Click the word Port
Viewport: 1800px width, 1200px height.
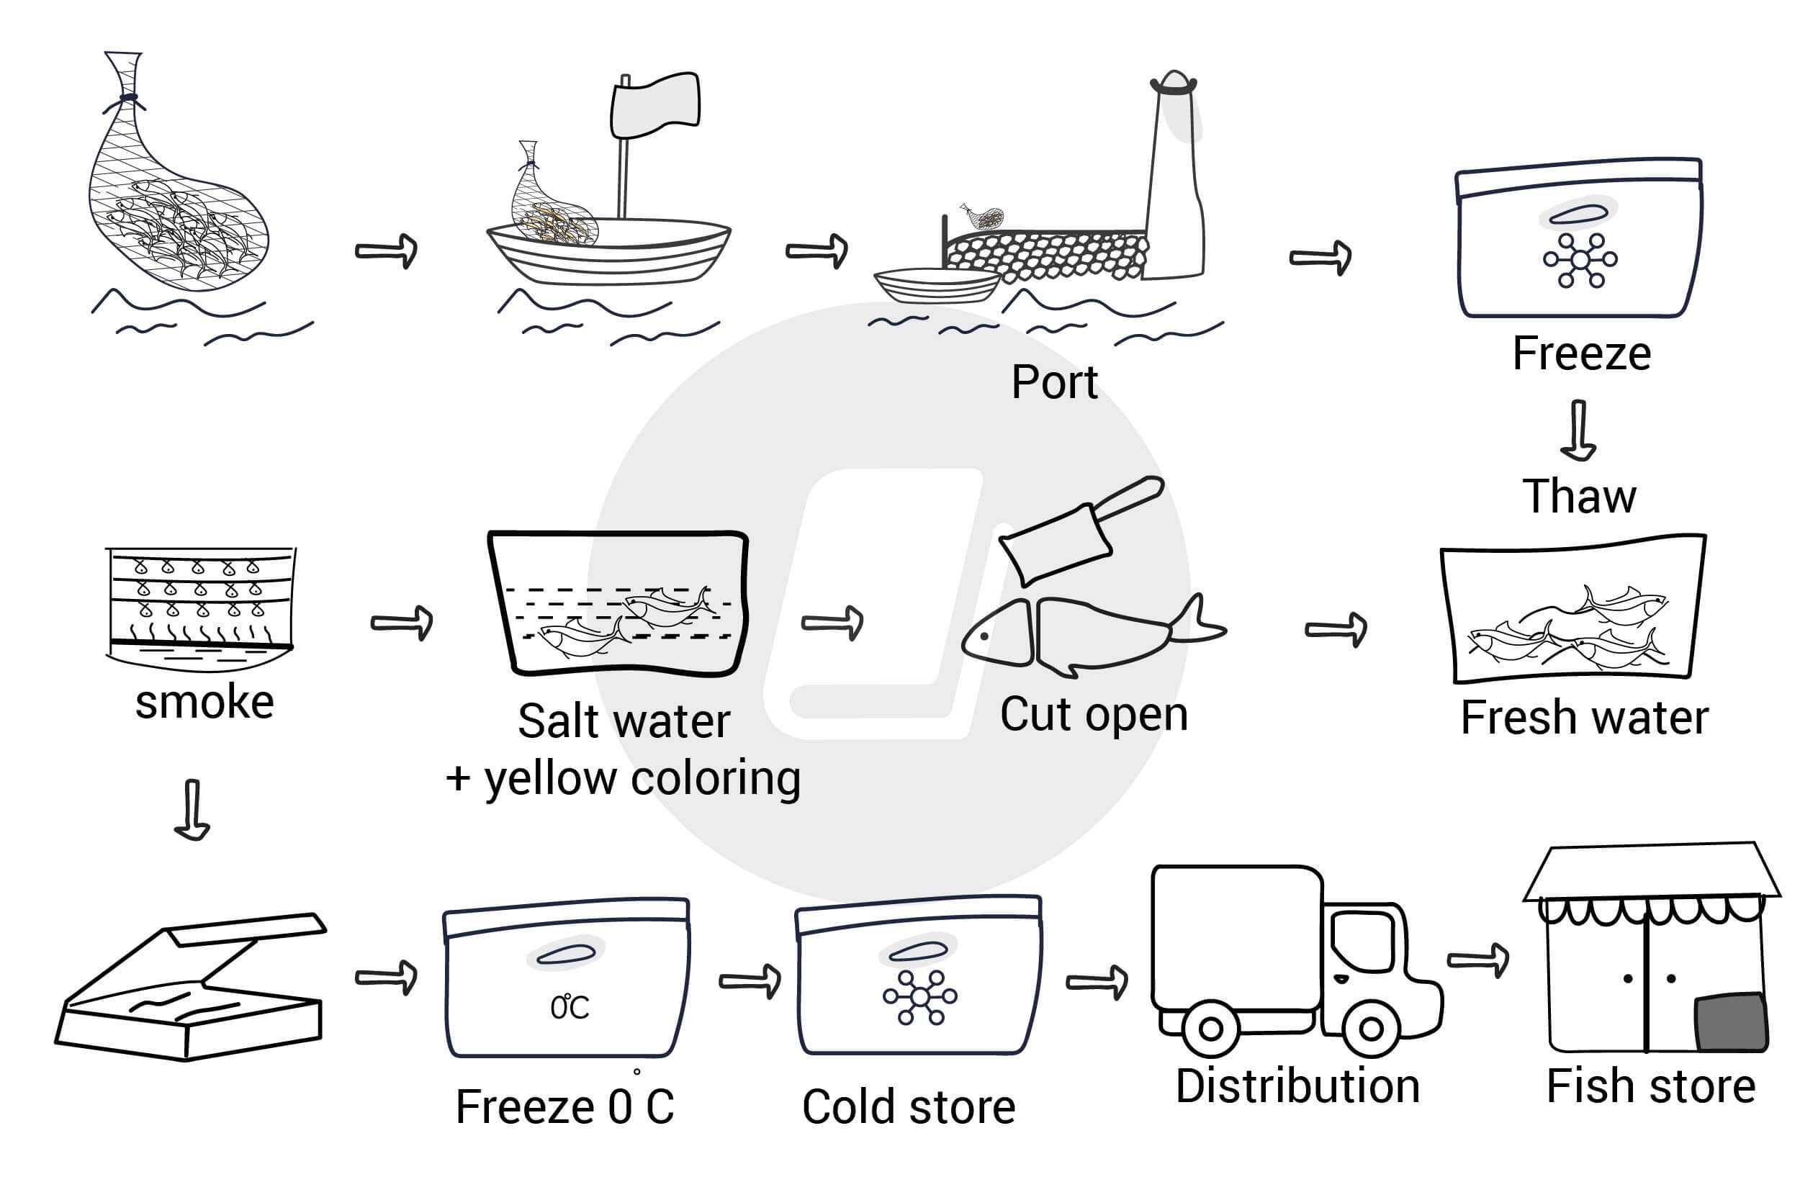(1054, 382)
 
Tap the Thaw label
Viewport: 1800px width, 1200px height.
(1578, 497)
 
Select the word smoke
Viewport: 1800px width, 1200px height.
(204, 702)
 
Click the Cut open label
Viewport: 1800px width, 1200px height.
(1094, 715)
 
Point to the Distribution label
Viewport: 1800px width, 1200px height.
(1297, 1086)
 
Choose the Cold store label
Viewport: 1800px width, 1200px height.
(909, 1106)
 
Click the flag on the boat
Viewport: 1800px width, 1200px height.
(655, 105)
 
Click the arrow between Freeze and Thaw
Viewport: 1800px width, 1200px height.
(1578, 429)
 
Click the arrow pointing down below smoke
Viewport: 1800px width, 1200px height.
(192, 810)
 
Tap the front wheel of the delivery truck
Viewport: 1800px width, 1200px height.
(1371, 1028)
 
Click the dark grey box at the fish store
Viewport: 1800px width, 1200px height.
(1731, 1022)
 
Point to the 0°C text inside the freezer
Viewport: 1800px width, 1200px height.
(570, 1006)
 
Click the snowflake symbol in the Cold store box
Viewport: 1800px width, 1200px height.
(919, 996)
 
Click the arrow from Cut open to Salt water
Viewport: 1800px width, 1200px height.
(832, 622)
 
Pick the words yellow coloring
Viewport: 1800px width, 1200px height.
(643, 779)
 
